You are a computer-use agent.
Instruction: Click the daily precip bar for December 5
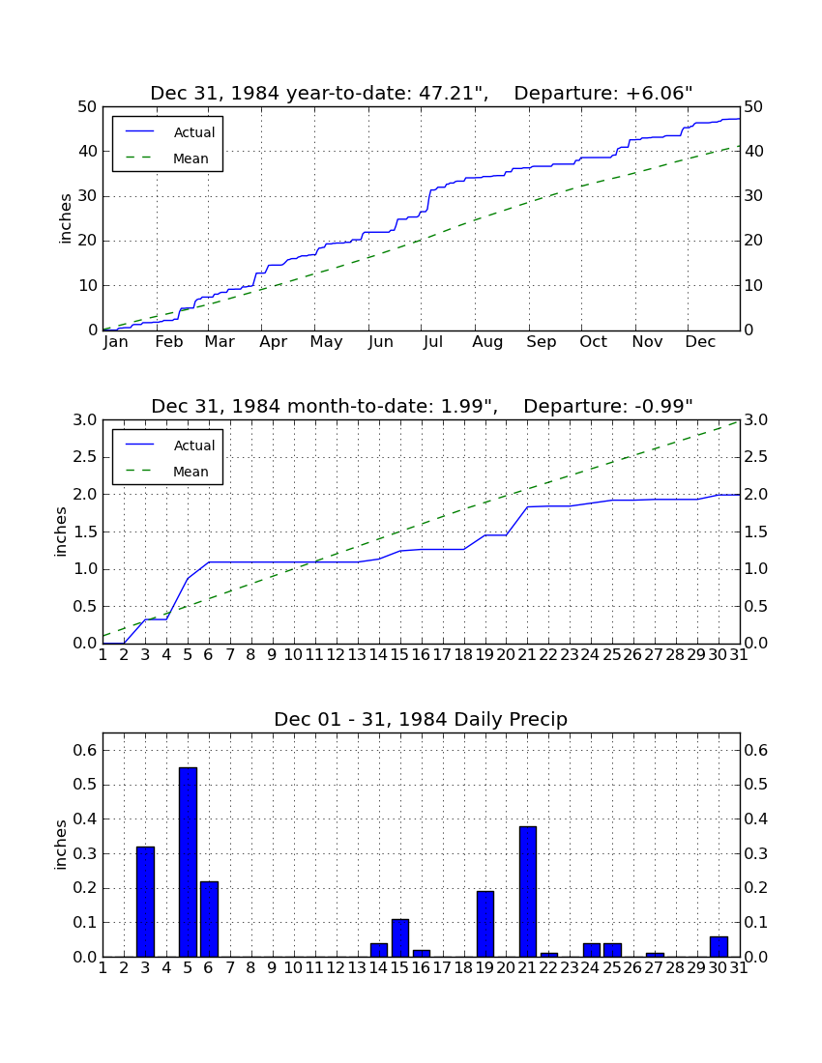[188, 862]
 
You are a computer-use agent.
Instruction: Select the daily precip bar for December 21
[528, 892]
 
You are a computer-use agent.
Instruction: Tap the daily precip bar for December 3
[145, 902]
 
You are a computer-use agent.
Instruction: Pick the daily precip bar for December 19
[484, 924]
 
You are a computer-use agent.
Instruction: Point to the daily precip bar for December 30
[719, 946]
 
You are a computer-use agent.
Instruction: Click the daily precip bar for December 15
[400, 937]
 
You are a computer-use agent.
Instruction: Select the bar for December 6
[209, 919]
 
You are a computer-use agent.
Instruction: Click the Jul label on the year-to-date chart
[432, 342]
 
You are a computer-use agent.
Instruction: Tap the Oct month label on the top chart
[593, 342]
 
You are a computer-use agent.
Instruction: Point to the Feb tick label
[169, 342]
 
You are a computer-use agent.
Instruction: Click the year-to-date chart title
[422, 93]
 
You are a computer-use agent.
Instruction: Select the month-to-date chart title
[422, 406]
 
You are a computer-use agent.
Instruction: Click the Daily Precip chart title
[421, 719]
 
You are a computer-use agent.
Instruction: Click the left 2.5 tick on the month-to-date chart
[85, 457]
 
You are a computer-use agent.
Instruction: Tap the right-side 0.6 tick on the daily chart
[756, 750]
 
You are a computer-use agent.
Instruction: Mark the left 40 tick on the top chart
[88, 151]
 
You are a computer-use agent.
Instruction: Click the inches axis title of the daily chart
[61, 845]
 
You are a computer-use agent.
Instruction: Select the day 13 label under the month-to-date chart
[358, 655]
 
